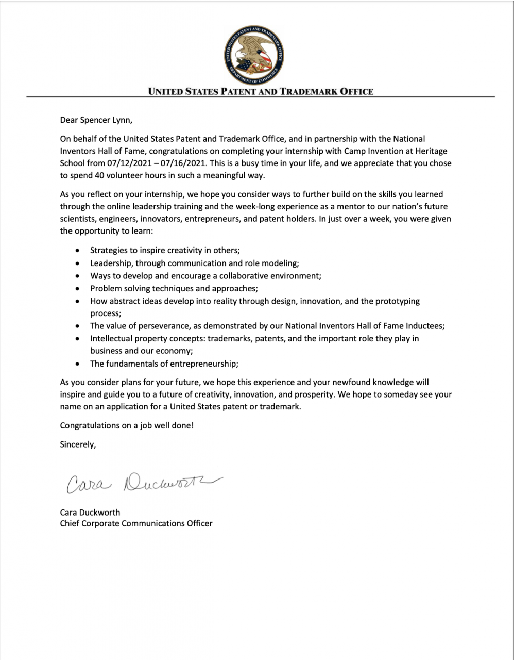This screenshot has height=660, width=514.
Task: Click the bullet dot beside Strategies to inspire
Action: click(x=77, y=251)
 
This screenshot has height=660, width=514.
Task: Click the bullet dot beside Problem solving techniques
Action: click(x=77, y=288)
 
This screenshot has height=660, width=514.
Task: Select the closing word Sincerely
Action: click(x=78, y=444)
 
